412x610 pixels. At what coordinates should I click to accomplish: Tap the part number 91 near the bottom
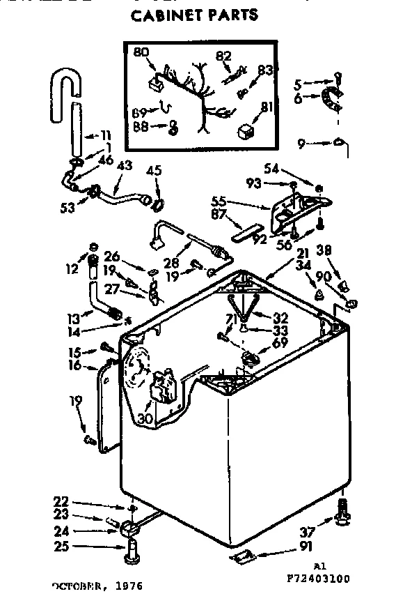(306, 546)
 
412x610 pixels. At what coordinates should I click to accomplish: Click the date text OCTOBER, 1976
(97, 586)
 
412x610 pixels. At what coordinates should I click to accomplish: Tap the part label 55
(219, 199)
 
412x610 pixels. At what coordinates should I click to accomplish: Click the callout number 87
(219, 214)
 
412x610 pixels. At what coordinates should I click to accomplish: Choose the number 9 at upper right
(301, 144)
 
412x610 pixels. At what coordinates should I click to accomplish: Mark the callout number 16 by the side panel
(75, 365)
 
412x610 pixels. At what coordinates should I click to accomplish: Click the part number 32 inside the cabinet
(280, 315)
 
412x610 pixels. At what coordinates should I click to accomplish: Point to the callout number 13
(74, 318)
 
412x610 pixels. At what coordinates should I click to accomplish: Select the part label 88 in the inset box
(141, 125)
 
